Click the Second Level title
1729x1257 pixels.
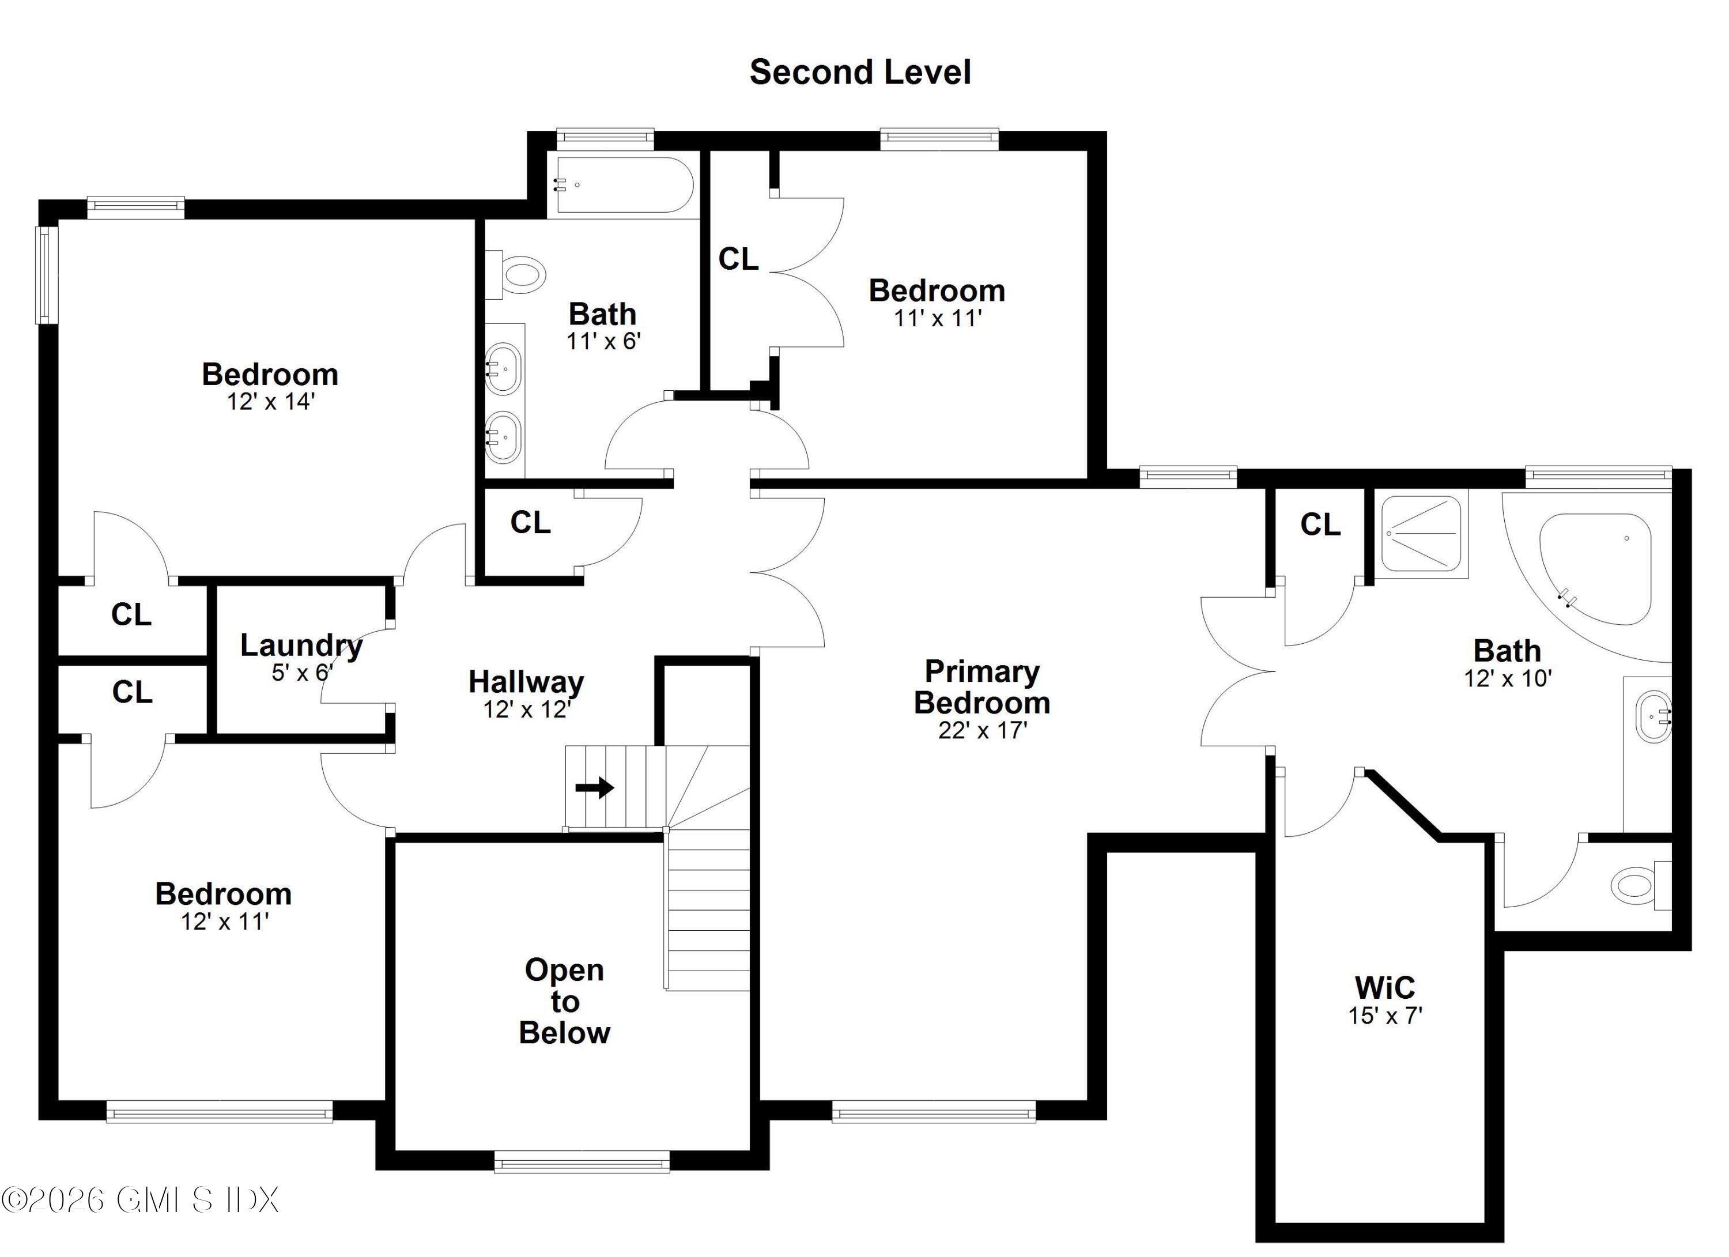point(860,73)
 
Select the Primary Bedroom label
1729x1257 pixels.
point(982,687)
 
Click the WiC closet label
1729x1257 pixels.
point(1384,988)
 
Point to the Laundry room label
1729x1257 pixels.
point(301,646)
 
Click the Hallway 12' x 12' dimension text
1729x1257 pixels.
point(527,709)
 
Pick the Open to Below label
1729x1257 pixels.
point(564,1001)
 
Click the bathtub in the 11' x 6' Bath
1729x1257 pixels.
point(624,185)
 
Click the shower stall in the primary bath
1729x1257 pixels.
point(1422,534)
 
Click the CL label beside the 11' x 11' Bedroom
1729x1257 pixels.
point(738,259)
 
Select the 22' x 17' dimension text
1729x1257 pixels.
point(983,730)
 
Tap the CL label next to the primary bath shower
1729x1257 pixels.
point(1320,524)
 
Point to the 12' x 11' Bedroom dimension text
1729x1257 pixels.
point(224,922)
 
